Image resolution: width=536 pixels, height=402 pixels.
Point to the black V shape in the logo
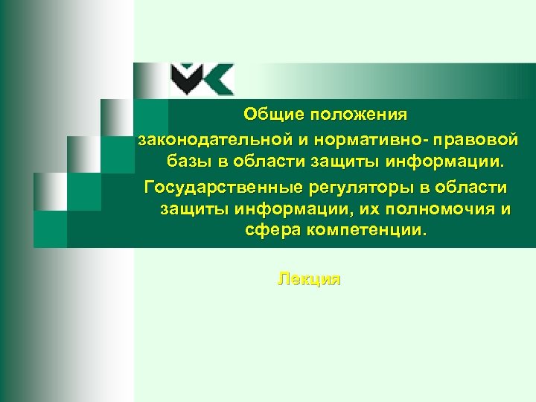click(185, 77)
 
